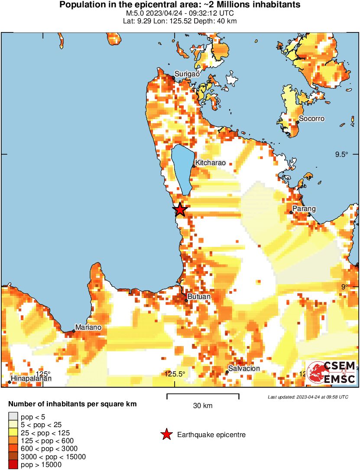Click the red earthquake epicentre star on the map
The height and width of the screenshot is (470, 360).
point(180,210)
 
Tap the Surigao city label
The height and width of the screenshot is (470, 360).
point(187,74)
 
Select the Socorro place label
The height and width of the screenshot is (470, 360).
point(312,119)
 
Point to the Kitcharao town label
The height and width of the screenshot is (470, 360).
point(211,163)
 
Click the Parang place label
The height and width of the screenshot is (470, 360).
point(304,209)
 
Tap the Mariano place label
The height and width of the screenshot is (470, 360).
point(88,327)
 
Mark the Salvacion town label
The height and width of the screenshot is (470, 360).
point(244,369)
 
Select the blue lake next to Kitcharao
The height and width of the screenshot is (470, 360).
point(182,169)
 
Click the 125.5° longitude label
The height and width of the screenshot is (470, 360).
point(175,374)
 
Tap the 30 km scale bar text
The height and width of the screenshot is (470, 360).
point(202,406)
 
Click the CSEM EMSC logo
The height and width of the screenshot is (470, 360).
point(331,372)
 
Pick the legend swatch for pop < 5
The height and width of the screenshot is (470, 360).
point(13,417)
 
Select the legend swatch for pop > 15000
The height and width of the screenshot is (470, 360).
point(13,465)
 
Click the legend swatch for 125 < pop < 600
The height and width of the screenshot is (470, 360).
point(13,441)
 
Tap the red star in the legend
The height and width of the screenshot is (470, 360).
point(166,434)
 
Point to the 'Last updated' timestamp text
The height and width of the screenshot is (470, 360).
point(308,397)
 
